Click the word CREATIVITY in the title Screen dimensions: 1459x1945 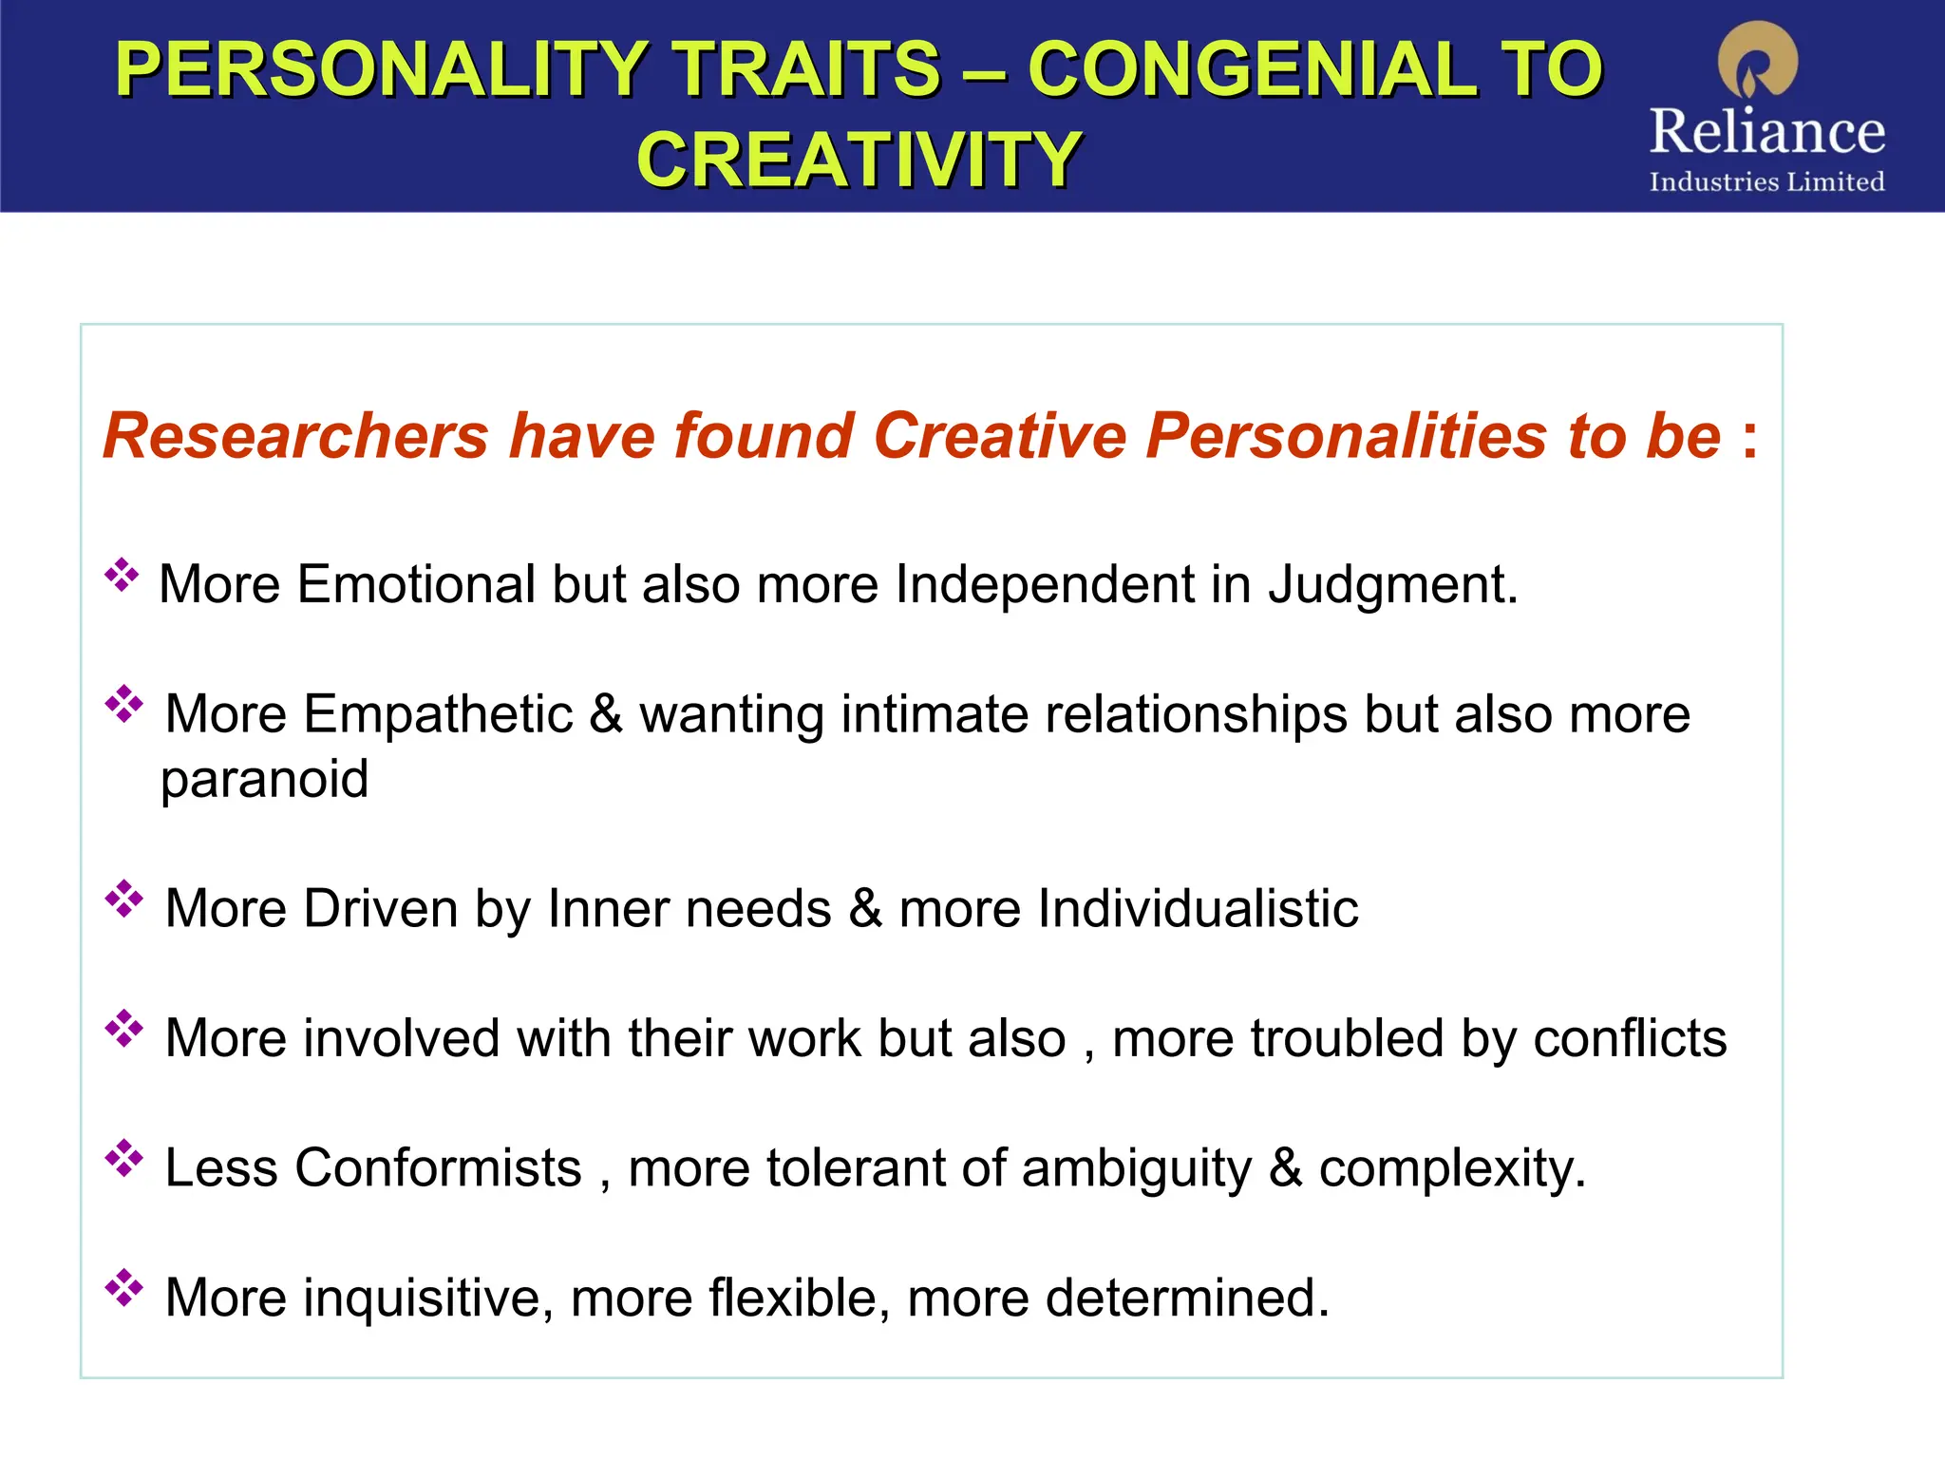point(859,160)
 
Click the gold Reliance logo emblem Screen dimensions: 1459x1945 point(1758,61)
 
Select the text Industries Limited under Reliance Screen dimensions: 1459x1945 point(1766,181)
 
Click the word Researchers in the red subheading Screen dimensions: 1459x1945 point(295,436)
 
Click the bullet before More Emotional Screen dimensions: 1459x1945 point(122,576)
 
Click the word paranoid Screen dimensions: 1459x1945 point(264,780)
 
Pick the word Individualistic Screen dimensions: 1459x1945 point(1198,908)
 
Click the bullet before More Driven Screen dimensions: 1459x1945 point(123,900)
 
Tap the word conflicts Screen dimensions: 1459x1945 point(1630,1037)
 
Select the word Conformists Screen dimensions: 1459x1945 point(438,1167)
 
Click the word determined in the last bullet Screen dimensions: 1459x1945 point(1187,1298)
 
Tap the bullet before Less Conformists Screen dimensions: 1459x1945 point(123,1159)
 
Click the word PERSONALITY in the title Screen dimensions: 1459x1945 point(381,68)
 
